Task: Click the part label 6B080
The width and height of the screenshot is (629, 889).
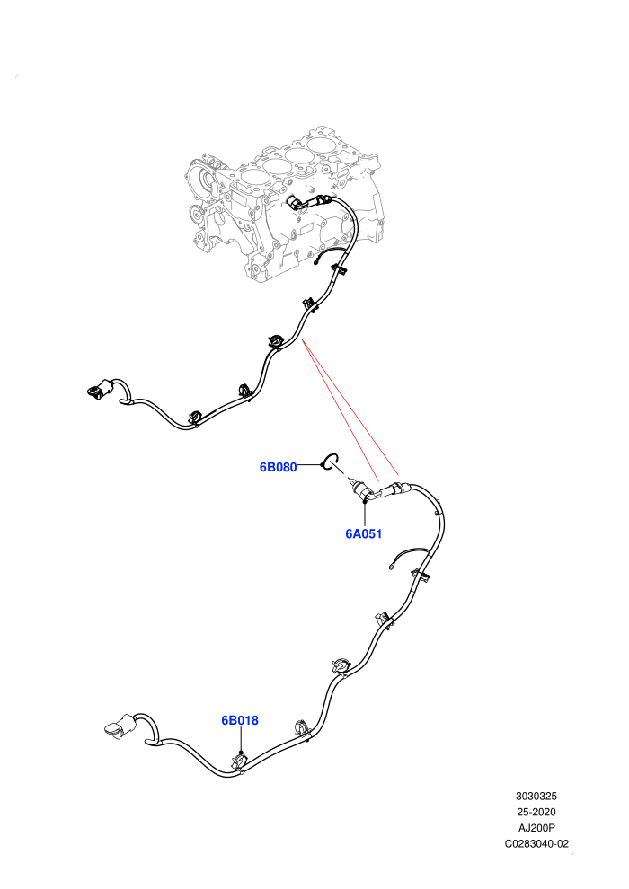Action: pyautogui.click(x=278, y=467)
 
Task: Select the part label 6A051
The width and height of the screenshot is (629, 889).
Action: pyautogui.click(x=364, y=533)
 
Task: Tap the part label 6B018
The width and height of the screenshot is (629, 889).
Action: pyautogui.click(x=239, y=720)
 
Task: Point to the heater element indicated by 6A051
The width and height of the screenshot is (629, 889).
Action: pyautogui.click(x=362, y=489)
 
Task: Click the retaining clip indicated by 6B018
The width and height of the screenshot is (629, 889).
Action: pyautogui.click(x=241, y=762)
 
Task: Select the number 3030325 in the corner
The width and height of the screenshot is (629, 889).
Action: pyautogui.click(x=536, y=796)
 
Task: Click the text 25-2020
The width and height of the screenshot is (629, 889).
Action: pyautogui.click(x=536, y=812)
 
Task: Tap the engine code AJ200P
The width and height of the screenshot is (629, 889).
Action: pyautogui.click(x=536, y=828)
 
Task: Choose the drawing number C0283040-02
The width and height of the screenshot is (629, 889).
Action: pyautogui.click(x=536, y=843)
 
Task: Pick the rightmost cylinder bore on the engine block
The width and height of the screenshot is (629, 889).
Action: pyautogui.click(x=321, y=144)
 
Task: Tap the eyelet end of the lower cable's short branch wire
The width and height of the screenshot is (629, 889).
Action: pyautogui.click(x=391, y=565)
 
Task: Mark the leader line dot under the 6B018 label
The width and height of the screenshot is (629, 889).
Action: pyautogui.click(x=241, y=752)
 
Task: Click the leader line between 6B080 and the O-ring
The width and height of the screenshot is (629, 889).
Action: pyautogui.click(x=310, y=465)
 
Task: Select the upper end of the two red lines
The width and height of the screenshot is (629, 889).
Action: pyautogui.click(x=304, y=339)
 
